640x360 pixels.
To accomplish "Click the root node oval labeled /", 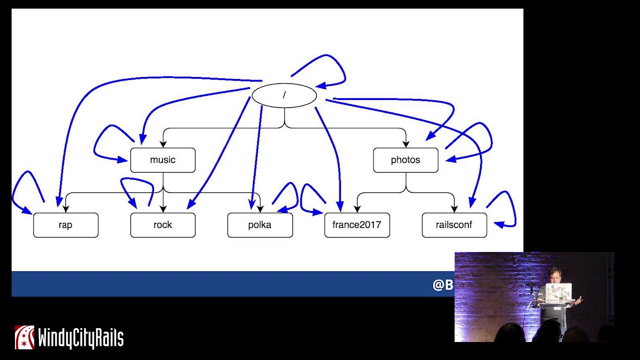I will [284, 95].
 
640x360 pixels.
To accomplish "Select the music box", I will [162, 160].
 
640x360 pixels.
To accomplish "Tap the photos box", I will [405, 160].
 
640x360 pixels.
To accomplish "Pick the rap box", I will [65, 225].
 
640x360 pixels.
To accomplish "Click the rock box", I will [162, 225].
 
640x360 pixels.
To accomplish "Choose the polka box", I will [259, 225].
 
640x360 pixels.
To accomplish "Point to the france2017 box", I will [356, 225].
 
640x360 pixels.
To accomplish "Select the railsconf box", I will [454, 225].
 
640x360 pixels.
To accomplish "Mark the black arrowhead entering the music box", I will [163, 144].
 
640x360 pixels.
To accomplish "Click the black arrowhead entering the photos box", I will [406, 144].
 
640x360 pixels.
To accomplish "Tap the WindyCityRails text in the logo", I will [80, 338].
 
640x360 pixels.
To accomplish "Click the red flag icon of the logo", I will [24, 337].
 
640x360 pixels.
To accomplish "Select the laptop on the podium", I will [558, 292].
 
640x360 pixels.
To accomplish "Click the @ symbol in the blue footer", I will [438, 285].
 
